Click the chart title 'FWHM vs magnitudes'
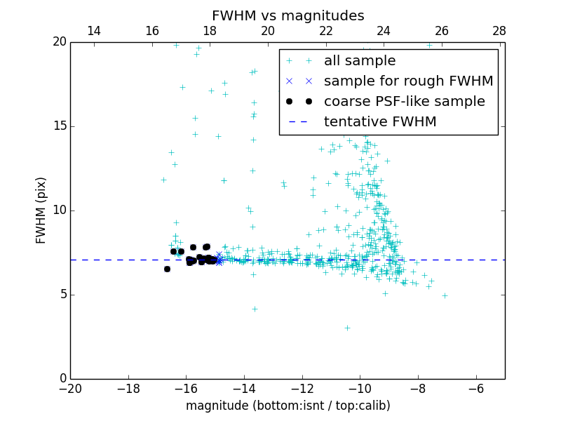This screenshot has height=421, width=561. click(x=288, y=15)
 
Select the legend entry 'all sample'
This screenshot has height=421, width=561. click(x=359, y=61)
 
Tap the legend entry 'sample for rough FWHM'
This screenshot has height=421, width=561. click(x=408, y=81)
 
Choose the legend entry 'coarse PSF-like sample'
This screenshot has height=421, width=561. click(x=404, y=102)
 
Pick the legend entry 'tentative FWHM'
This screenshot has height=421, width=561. click(x=379, y=122)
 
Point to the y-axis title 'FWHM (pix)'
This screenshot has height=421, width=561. click(x=41, y=210)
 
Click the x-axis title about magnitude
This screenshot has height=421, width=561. click(x=288, y=406)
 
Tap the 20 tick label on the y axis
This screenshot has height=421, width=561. click(x=58, y=42)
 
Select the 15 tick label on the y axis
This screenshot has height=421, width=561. click(x=58, y=126)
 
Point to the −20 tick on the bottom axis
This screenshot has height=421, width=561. click(x=70, y=389)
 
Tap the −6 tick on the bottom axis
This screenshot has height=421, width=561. click(x=476, y=389)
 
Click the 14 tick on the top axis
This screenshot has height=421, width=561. click(x=93, y=31)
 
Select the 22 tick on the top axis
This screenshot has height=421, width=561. click(x=325, y=31)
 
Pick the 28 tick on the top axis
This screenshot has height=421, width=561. click(x=499, y=31)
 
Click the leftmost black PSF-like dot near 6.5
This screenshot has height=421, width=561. click(x=167, y=269)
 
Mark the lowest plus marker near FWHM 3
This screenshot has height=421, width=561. click(x=347, y=328)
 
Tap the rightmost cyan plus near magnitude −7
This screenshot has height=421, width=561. click(x=445, y=295)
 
